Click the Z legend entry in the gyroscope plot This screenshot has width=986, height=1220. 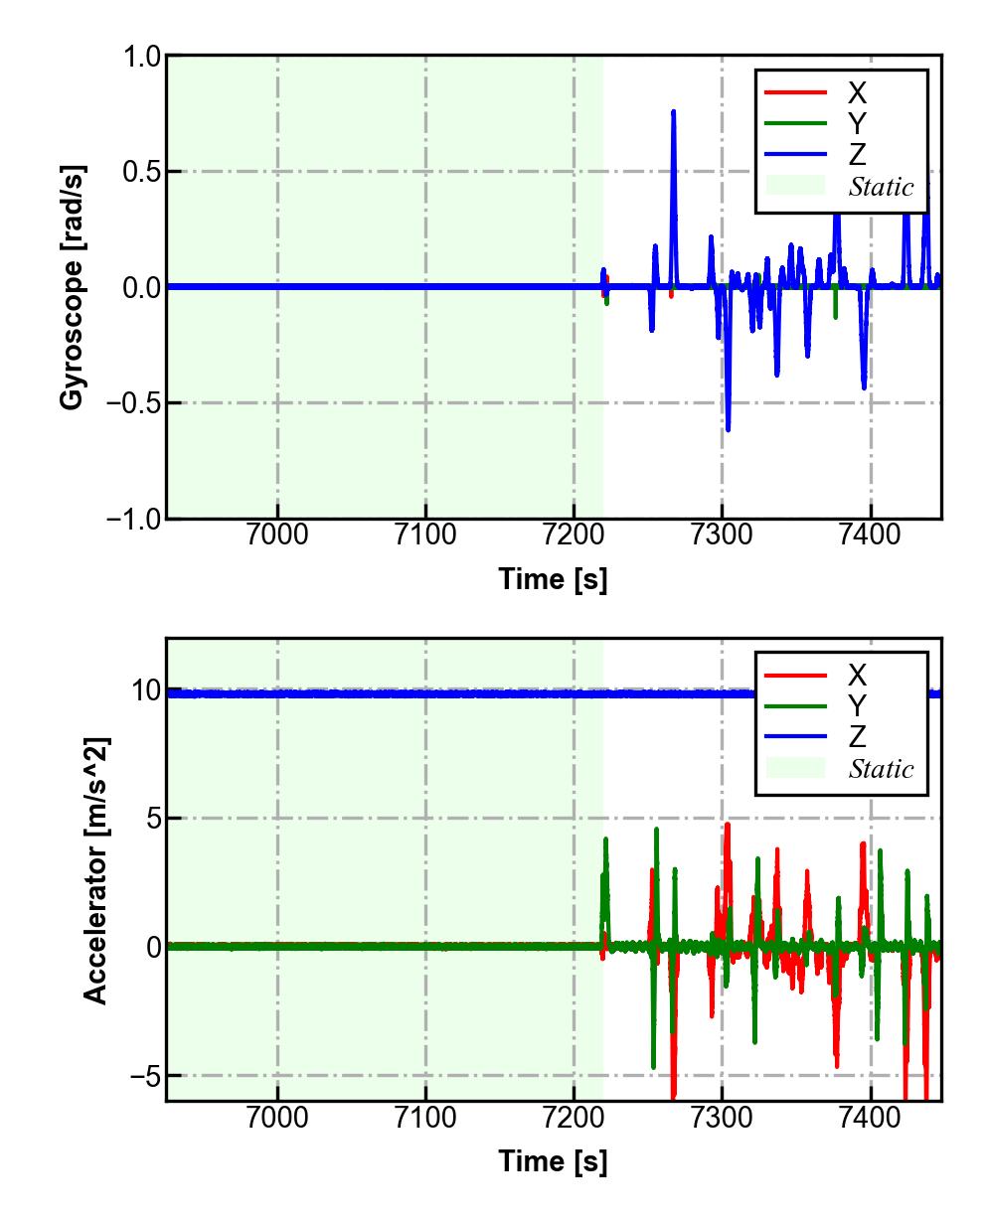[x=856, y=154]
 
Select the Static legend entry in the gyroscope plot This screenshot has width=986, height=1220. [x=881, y=186]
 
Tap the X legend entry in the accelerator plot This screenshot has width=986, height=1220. [x=856, y=676]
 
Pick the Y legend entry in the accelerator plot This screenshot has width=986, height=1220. [x=856, y=705]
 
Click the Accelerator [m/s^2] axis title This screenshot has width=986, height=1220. [x=95, y=869]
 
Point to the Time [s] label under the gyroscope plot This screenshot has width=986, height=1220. [x=553, y=578]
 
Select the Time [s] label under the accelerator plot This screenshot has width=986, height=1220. [x=553, y=1160]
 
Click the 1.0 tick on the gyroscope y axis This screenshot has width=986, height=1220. [x=141, y=57]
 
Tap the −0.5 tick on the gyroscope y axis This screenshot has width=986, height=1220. [x=132, y=403]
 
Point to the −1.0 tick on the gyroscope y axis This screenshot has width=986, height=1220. [x=132, y=519]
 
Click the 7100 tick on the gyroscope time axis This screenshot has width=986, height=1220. [x=425, y=535]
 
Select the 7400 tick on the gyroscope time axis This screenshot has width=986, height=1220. [x=870, y=535]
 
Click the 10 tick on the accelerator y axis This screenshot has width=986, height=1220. [x=145, y=690]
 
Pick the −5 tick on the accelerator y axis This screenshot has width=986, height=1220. [x=141, y=1076]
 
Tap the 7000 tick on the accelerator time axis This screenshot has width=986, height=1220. [x=277, y=1118]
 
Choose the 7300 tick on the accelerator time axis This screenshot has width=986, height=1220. [x=722, y=1118]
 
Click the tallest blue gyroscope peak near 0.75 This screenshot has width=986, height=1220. [x=673, y=112]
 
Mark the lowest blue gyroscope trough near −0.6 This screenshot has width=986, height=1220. [x=728, y=429]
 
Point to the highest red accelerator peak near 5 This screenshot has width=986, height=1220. [x=728, y=825]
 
